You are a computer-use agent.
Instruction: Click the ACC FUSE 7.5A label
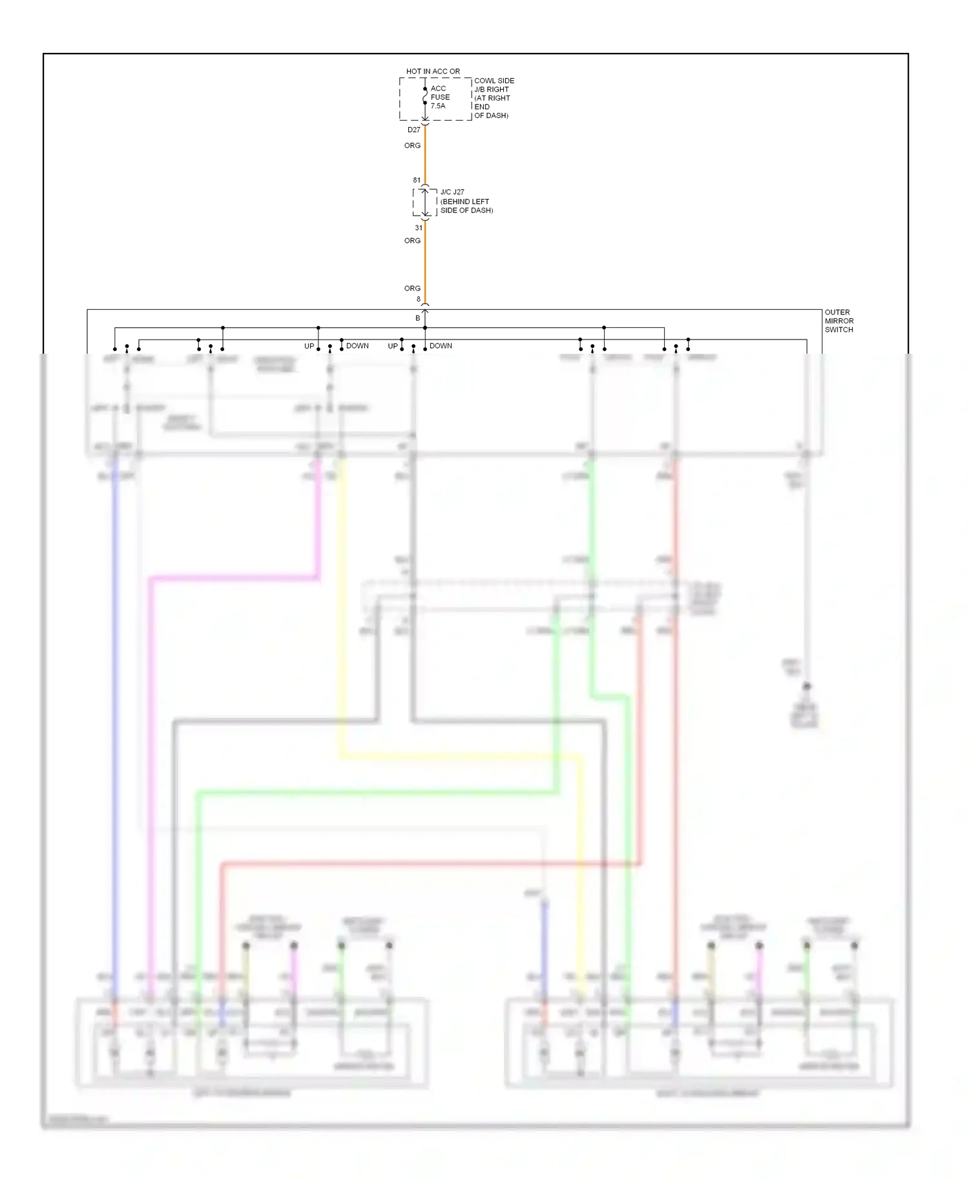click(440, 97)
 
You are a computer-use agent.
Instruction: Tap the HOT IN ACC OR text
click(433, 71)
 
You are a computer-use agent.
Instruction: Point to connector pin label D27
click(413, 130)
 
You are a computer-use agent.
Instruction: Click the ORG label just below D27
click(412, 145)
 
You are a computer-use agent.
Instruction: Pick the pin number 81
click(417, 180)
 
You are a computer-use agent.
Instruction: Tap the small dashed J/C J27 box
click(424, 203)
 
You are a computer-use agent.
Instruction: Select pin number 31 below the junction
click(419, 227)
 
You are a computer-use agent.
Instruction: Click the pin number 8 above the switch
click(419, 299)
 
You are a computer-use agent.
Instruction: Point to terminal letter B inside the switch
click(417, 318)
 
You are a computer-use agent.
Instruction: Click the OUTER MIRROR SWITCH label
click(839, 321)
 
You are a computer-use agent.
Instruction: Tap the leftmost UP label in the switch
click(309, 346)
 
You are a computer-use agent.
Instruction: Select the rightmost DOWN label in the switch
click(441, 346)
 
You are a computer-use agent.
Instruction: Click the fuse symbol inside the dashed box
click(425, 96)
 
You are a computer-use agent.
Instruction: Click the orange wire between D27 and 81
click(425, 158)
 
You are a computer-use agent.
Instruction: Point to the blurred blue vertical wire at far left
click(116, 710)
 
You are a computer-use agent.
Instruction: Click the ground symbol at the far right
click(805, 714)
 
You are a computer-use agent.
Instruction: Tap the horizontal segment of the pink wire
click(233, 578)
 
